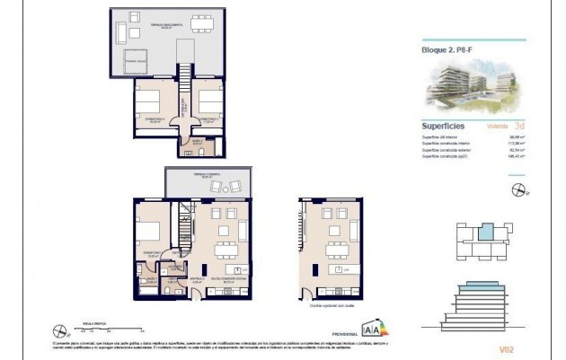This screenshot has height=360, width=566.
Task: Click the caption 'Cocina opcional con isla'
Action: coord(329,305)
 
